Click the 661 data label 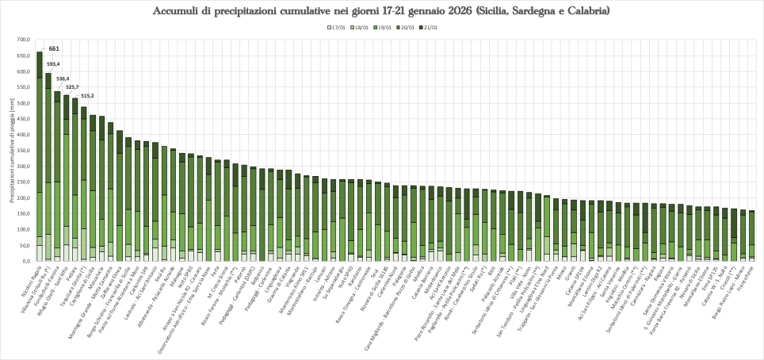pos(55,48)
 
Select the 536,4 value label pos(63,79)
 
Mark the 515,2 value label pos(86,95)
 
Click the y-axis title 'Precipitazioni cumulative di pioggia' pos(12,151)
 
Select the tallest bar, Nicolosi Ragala pos(40,159)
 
